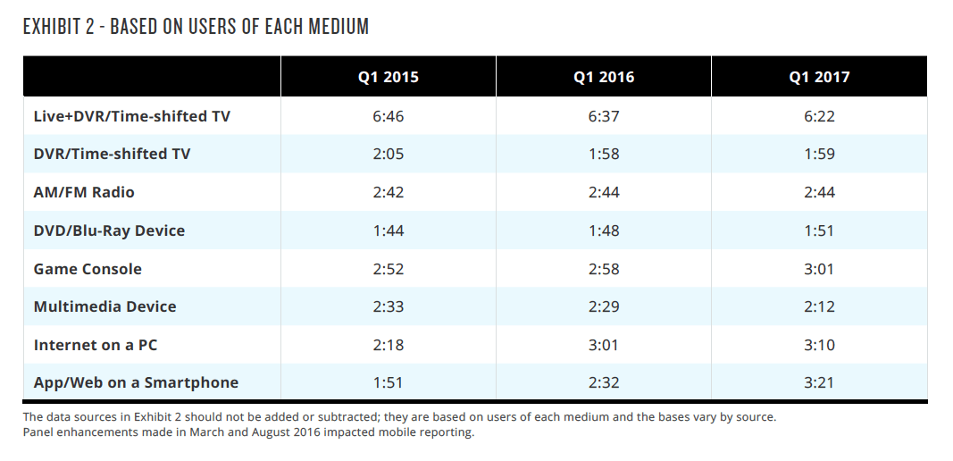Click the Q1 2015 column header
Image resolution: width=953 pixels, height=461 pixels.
click(388, 77)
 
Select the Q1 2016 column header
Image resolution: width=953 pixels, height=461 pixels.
click(604, 77)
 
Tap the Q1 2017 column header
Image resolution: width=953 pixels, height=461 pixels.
click(819, 77)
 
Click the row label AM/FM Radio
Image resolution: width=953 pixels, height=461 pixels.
click(84, 192)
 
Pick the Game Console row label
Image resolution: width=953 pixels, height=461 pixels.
click(88, 269)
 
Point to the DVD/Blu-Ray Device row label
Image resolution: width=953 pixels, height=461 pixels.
click(109, 230)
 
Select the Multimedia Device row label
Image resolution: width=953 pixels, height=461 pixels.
click(104, 306)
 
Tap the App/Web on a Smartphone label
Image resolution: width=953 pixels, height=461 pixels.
click(136, 382)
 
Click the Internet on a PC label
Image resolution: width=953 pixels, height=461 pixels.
click(96, 345)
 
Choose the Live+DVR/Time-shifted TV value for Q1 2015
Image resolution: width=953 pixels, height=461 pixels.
click(388, 116)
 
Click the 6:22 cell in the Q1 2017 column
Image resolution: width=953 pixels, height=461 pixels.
click(819, 116)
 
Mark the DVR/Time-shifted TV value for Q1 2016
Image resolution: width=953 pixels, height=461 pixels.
click(604, 154)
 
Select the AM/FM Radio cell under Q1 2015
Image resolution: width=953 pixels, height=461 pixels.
click(388, 192)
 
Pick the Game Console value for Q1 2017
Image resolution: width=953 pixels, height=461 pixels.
click(819, 269)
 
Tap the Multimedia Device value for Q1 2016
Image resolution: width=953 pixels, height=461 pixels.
click(604, 306)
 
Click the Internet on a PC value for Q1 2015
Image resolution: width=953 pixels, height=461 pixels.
click(388, 345)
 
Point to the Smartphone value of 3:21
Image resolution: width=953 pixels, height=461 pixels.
click(819, 382)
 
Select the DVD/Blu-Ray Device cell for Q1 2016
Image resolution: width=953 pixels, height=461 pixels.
click(604, 230)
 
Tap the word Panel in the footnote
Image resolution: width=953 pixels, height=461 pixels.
click(38, 432)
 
